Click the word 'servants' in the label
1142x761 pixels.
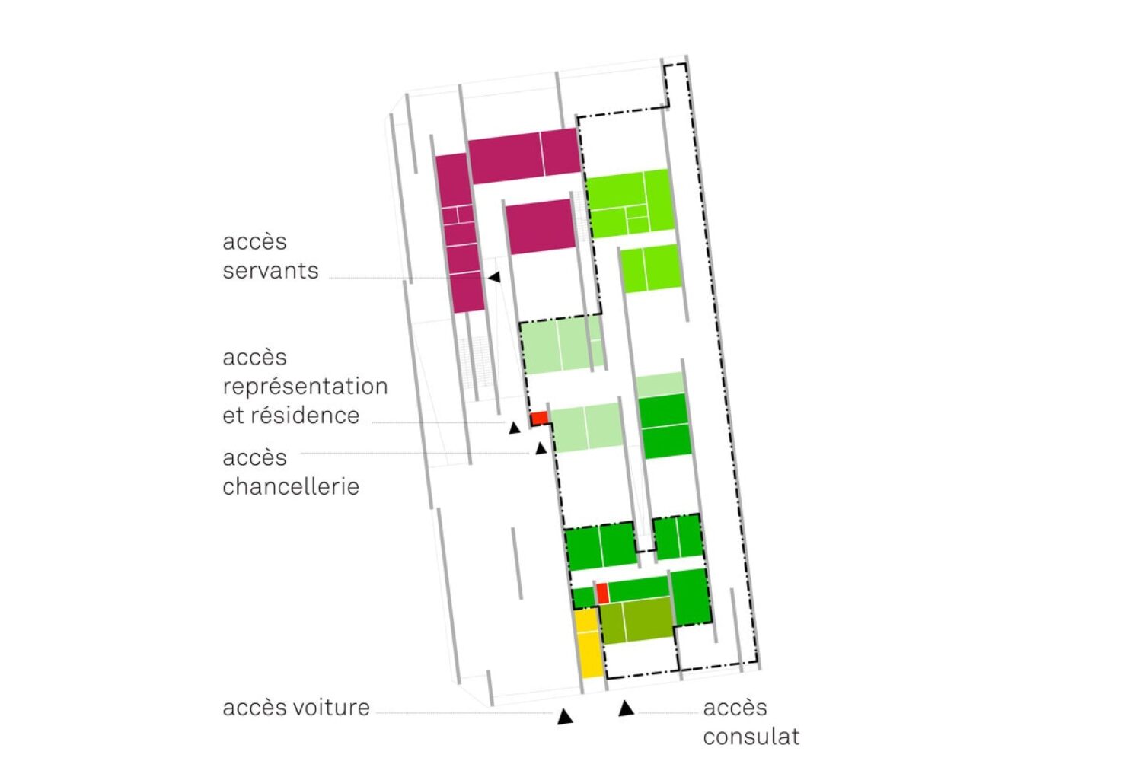click(270, 271)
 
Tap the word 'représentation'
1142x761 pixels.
click(305, 387)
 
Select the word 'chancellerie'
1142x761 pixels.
click(290, 487)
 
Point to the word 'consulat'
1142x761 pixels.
click(751, 737)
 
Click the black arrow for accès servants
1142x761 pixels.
click(494, 277)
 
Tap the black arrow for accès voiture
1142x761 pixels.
click(564, 716)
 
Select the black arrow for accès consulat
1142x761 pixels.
click(626, 709)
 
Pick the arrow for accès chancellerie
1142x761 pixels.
click(541, 449)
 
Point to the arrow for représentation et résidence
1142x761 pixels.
click(515, 428)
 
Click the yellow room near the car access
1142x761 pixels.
click(588, 643)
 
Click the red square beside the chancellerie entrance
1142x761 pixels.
click(539, 418)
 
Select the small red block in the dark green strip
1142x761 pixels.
click(601, 593)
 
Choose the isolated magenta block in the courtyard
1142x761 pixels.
click(541, 226)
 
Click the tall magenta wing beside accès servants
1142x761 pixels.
click(458, 232)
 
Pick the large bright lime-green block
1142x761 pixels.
click(630, 203)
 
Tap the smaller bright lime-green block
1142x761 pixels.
click(650, 268)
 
